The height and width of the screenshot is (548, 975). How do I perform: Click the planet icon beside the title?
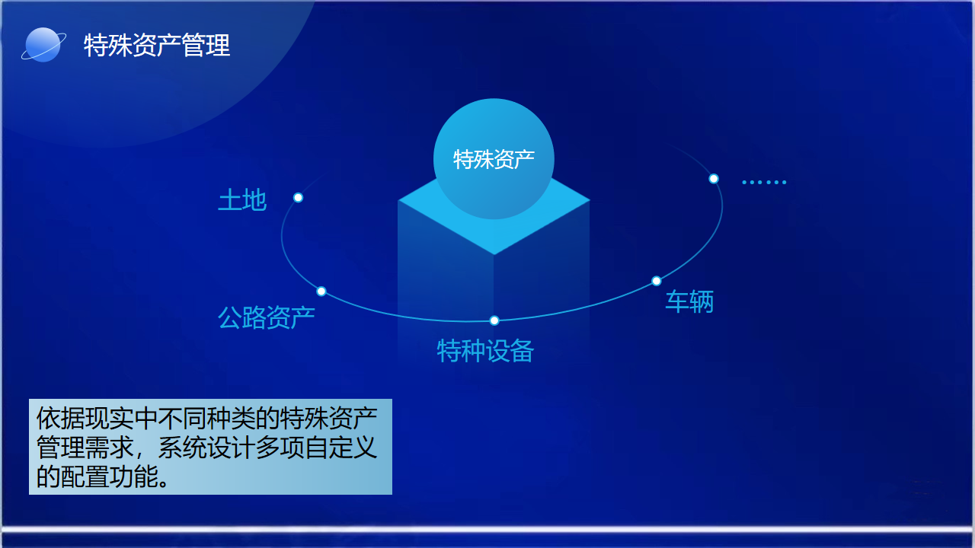tap(43, 45)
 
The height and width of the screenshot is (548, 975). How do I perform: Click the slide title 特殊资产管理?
tap(157, 45)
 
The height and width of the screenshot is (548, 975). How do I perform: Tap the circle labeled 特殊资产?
tap(494, 159)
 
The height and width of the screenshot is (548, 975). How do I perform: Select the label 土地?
tap(242, 200)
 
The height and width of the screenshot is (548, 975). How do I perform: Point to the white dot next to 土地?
tap(298, 198)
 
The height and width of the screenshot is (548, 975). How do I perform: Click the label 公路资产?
tap(267, 317)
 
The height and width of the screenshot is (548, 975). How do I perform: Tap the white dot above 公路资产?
tap(321, 292)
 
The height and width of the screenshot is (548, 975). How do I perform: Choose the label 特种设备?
tap(485, 351)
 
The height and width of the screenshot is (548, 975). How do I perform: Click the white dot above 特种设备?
tap(494, 321)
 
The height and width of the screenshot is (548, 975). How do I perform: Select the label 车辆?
tap(689, 301)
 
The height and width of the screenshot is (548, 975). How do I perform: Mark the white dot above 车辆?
tap(657, 281)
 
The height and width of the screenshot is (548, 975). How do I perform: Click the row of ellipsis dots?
tap(764, 182)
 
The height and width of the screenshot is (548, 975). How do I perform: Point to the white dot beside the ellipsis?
tap(714, 179)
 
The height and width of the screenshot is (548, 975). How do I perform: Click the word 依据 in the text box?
tap(60, 419)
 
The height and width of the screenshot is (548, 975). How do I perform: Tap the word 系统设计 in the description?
tap(206, 448)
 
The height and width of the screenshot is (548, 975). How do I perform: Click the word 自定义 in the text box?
tap(340, 448)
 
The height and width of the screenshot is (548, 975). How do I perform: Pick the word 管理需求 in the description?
tap(85, 448)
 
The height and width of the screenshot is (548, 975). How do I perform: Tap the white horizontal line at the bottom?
tap(487, 529)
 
